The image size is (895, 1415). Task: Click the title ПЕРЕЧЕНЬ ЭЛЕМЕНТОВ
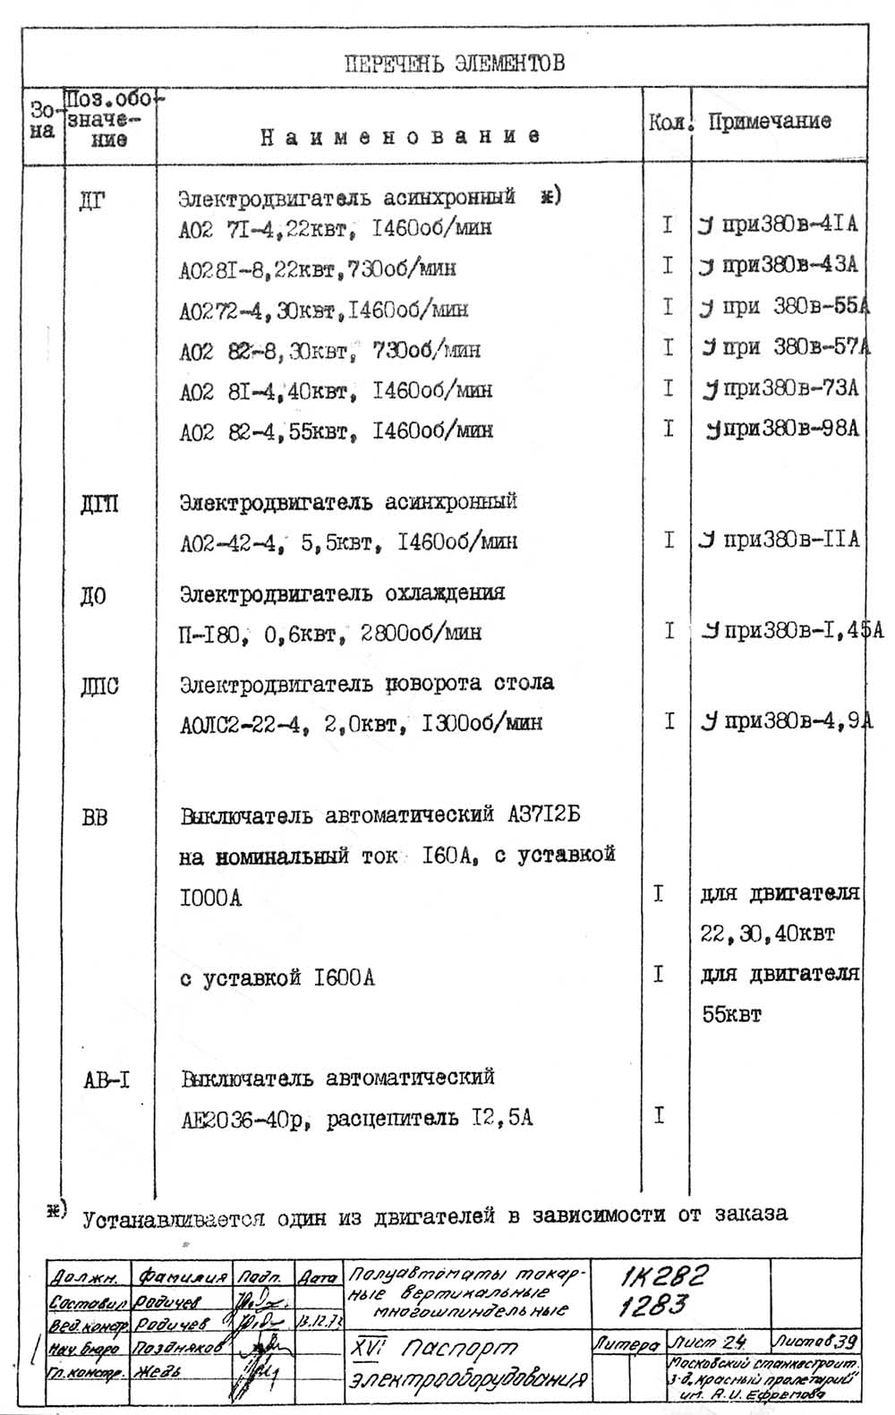(x=454, y=64)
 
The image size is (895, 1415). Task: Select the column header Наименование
(x=400, y=137)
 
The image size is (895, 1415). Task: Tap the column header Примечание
(x=770, y=122)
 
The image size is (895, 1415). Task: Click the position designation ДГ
(x=92, y=200)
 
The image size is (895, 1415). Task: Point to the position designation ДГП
(x=98, y=505)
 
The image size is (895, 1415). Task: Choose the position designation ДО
(x=93, y=596)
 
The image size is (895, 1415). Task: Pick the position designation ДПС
(x=99, y=686)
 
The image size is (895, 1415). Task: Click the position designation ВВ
(x=94, y=817)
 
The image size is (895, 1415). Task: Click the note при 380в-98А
(x=782, y=429)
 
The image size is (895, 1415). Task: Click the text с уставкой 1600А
(x=277, y=978)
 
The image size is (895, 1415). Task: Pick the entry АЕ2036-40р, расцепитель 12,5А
(x=356, y=1119)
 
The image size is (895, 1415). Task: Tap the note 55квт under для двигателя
(x=731, y=1016)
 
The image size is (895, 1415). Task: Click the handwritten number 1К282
(x=665, y=1275)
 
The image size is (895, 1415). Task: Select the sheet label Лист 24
(x=707, y=1343)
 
